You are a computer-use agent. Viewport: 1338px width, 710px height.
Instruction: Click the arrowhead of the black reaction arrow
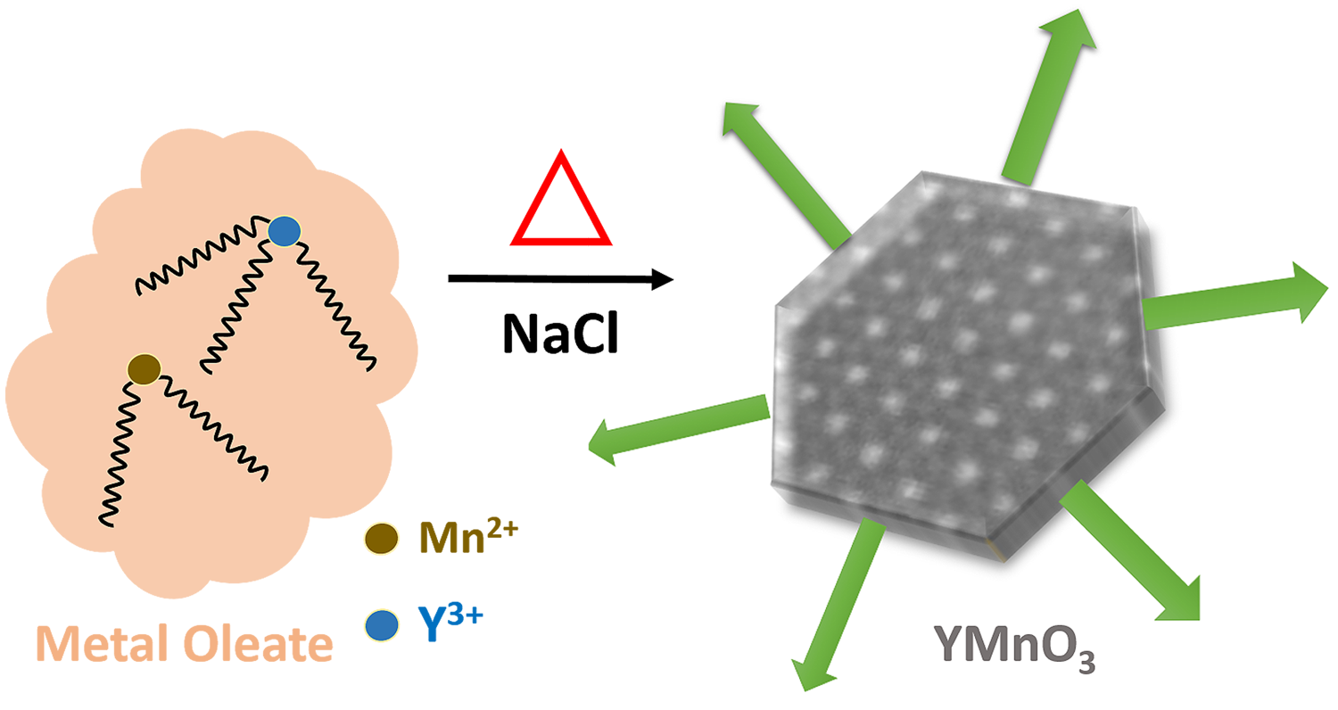(660, 279)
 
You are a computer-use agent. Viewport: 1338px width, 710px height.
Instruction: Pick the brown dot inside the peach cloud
(143, 367)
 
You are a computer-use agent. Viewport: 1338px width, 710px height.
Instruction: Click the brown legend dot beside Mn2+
(381, 538)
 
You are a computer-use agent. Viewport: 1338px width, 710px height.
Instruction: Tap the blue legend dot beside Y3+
(381, 625)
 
